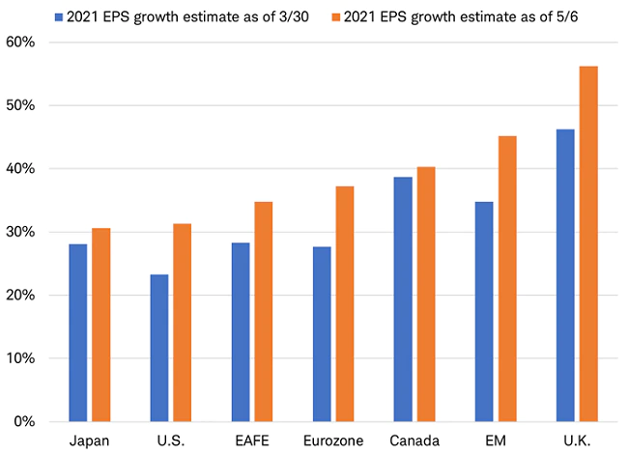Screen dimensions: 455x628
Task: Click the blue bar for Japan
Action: (x=78, y=332)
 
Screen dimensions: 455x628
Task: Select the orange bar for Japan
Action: (x=101, y=325)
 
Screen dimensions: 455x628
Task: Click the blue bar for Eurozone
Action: (x=321, y=334)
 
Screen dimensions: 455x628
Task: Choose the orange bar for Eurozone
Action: (x=344, y=303)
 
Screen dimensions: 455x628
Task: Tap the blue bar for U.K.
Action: (x=564, y=275)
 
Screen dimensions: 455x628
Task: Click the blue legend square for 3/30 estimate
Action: (x=60, y=16)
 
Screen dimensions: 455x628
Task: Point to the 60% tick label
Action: (x=20, y=43)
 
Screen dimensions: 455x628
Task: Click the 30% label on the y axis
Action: (x=20, y=232)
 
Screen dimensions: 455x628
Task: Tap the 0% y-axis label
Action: (x=24, y=422)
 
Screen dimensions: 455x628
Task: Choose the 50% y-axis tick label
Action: (x=20, y=105)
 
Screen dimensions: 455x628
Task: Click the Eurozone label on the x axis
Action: (x=332, y=441)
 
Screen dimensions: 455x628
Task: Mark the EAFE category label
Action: (x=251, y=441)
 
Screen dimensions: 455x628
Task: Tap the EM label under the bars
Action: (x=495, y=441)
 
